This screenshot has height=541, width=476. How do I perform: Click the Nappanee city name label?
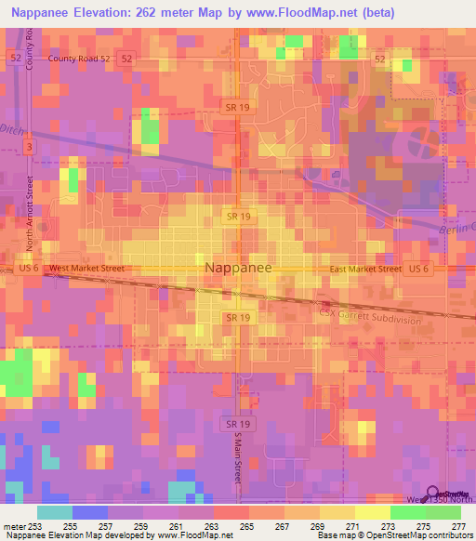click(238, 268)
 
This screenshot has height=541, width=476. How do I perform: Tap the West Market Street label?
click(86, 269)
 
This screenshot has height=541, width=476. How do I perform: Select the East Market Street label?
click(365, 269)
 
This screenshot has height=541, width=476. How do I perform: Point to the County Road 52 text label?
click(79, 58)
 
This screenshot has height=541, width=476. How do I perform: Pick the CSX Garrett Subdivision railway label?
click(372, 319)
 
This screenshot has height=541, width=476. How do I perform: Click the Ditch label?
click(11, 127)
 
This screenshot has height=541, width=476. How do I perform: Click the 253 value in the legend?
click(35, 527)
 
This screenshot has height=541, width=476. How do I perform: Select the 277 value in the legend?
click(458, 527)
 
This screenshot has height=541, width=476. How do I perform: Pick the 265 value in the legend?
click(247, 527)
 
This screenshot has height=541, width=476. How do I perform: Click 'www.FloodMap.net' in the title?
click(307, 12)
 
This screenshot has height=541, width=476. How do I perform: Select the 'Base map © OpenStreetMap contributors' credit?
click(393, 536)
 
